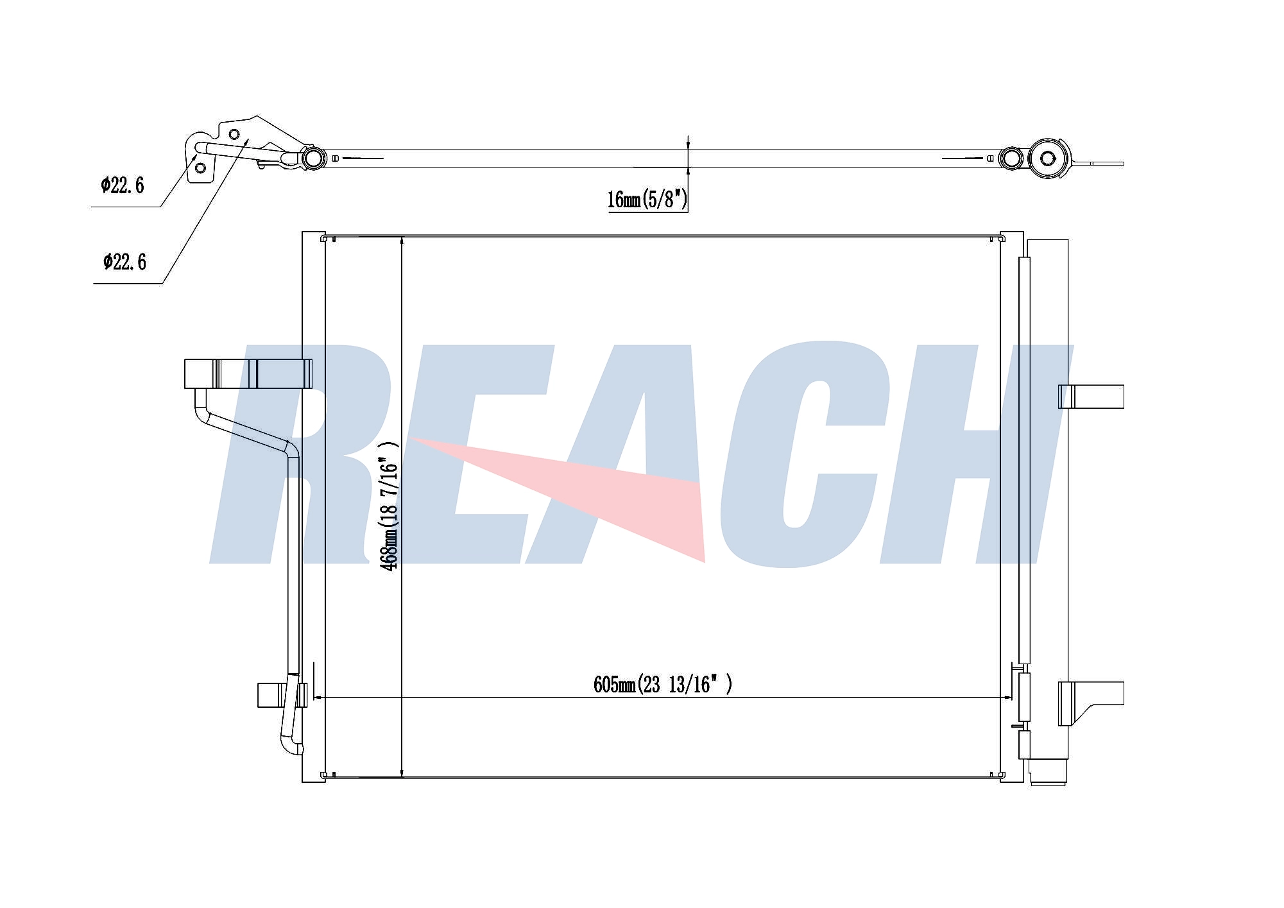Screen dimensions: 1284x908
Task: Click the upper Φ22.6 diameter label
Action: (x=122, y=185)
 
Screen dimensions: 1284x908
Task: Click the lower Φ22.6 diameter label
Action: (x=124, y=262)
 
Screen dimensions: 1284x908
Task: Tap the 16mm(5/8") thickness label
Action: (x=647, y=199)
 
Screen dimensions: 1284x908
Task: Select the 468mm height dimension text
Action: (x=389, y=505)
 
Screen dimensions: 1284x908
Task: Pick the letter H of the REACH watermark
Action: (x=972, y=454)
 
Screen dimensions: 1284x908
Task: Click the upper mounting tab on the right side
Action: (x=1091, y=396)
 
